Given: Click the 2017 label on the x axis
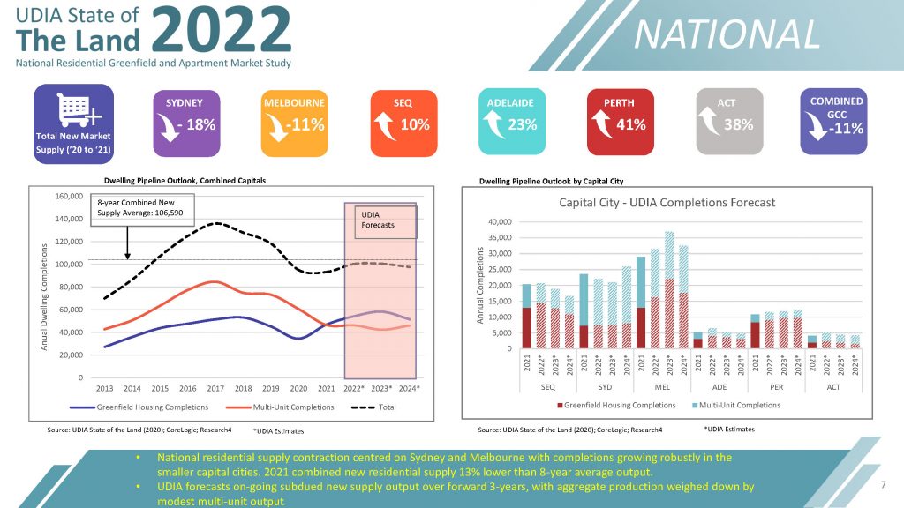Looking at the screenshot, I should click(x=215, y=388).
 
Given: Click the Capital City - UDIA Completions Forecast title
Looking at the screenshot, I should click(x=667, y=203).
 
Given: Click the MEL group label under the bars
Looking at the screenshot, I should click(x=662, y=386).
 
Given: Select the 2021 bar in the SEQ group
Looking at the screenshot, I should click(x=527, y=316).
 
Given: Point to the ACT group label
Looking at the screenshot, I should click(x=834, y=386).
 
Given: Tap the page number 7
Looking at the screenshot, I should click(x=882, y=485).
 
